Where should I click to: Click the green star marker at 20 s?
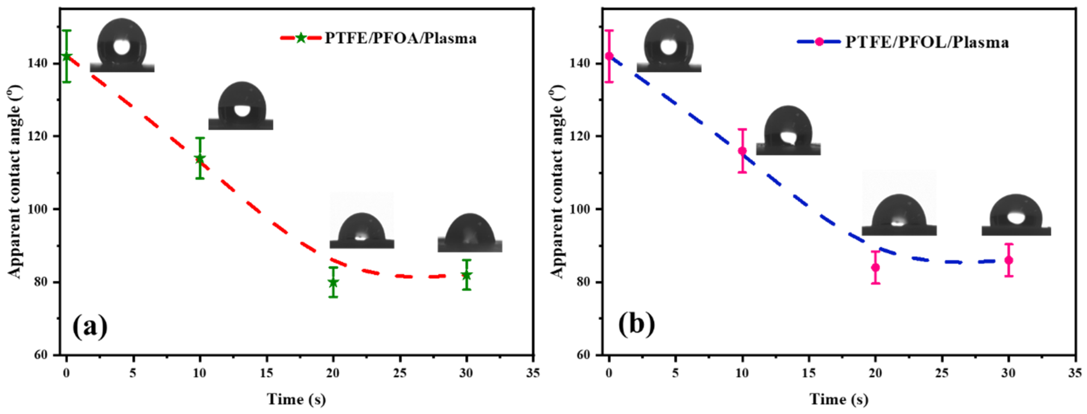[333, 282]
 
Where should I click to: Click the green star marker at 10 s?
[200, 159]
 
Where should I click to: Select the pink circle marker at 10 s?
[742, 151]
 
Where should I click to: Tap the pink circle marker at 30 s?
[1009, 260]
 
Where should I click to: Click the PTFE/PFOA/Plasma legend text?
[400, 39]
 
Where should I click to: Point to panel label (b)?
[636, 325]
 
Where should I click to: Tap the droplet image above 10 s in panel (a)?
[241, 105]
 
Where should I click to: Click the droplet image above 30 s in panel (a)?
[470, 233]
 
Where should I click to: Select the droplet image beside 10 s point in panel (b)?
[788, 131]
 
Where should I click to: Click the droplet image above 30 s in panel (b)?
[1016, 215]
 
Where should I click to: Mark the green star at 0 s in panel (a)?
[66, 56]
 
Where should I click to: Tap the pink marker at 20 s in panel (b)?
[875, 267]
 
